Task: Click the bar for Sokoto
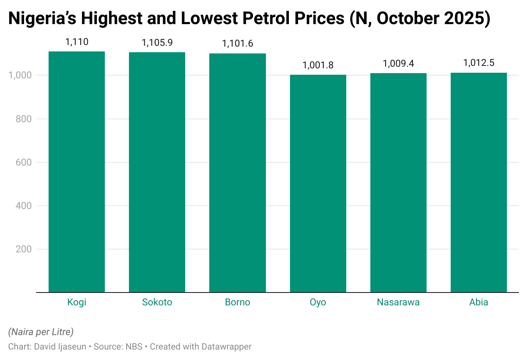click(x=157, y=172)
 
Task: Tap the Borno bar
click(x=237, y=173)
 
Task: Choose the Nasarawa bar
click(x=398, y=183)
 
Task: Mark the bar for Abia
click(x=478, y=182)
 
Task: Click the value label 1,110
click(x=77, y=41)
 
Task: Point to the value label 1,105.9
click(x=157, y=43)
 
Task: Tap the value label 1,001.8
click(x=318, y=65)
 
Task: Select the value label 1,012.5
click(x=478, y=63)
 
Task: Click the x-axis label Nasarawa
click(x=398, y=303)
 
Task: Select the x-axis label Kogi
click(x=77, y=303)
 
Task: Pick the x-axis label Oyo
click(x=318, y=303)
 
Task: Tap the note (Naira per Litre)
click(x=41, y=332)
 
